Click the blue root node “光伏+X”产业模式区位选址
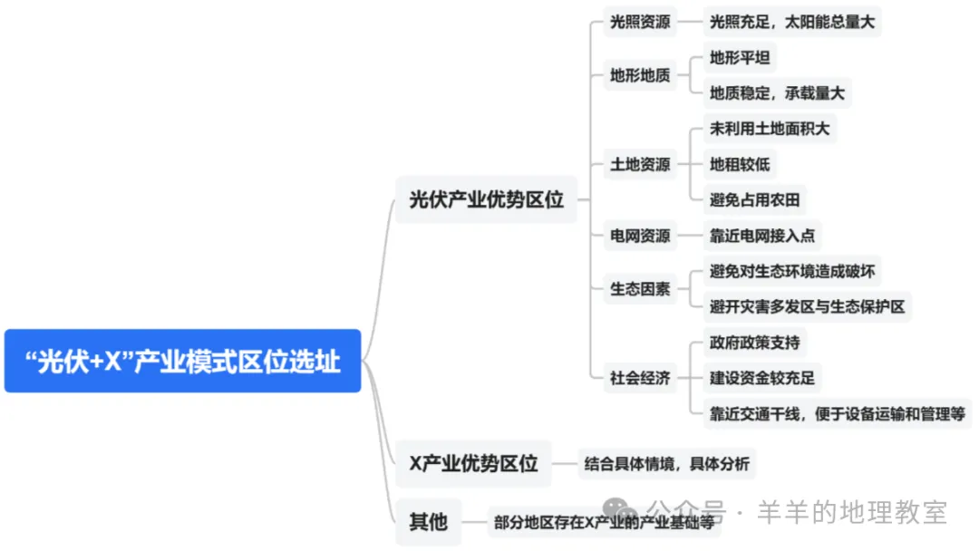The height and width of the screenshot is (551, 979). pyautogui.click(x=182, y=361)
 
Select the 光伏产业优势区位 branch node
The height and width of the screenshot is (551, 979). pyautogui.click(x=486, y=199)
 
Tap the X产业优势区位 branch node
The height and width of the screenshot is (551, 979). pyautogui.click(x=473, y=464)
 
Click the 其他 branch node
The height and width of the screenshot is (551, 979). pyautogui.click(x=428, y=522)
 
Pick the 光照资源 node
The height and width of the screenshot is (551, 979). pyautogui.click(x=640, y=22)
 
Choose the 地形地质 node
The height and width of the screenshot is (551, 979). pyautogui.click(x=640, y=75)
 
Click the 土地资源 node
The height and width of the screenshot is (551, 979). pyautogui.click(x=640, y=164)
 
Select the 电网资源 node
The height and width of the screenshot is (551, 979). pyautogui.click(x=640, y=236)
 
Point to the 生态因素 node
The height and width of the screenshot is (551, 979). pyautogui.click(x=640, y=289)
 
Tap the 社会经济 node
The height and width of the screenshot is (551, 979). pyautogui.click(x=640, y=378)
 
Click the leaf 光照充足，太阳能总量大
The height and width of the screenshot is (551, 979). pyautogui.click(x=792, y=22)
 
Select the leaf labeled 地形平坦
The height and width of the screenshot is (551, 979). pyautogui.click(x=740, y=58)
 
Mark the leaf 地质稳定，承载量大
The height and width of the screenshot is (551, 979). pyautogui.click(x=778, y=92)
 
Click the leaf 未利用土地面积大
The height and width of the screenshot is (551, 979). pyautogui.click(x=770, y=129)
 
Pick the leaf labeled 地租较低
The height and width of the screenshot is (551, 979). pyautogui.click(x=740, y=164)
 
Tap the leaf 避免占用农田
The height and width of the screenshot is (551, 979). pyautogui.click(x=755, y=199)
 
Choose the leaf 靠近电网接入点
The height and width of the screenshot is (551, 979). pyautogui.click(x=762, y=236)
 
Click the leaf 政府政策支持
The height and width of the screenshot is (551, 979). pyautogui.click(x=755, y=343)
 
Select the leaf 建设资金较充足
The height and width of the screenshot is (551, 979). pyautogui.click(x=762, y=378)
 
